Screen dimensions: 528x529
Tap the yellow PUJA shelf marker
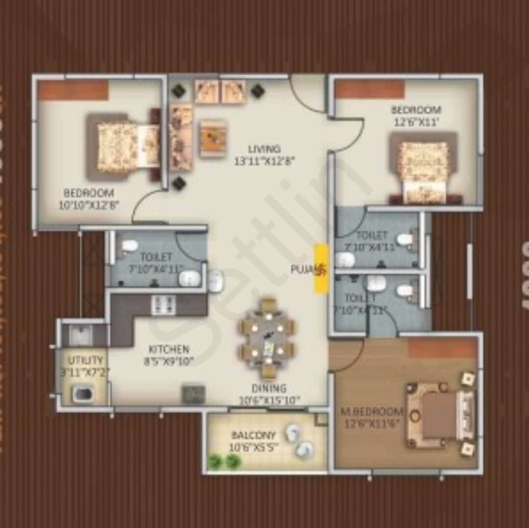(x=321, y=269)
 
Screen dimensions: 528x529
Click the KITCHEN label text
(x=168, y=350)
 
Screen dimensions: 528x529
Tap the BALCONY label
(x=253, y=435)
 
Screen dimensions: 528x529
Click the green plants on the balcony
(x=223, y=461)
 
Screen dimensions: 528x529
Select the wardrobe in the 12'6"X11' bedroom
(x=370, y=90)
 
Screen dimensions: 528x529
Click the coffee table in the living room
(x=213, y=139)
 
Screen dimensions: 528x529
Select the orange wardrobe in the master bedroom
(x=442, y=348)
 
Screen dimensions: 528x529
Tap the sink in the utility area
(x=79, y=335)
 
